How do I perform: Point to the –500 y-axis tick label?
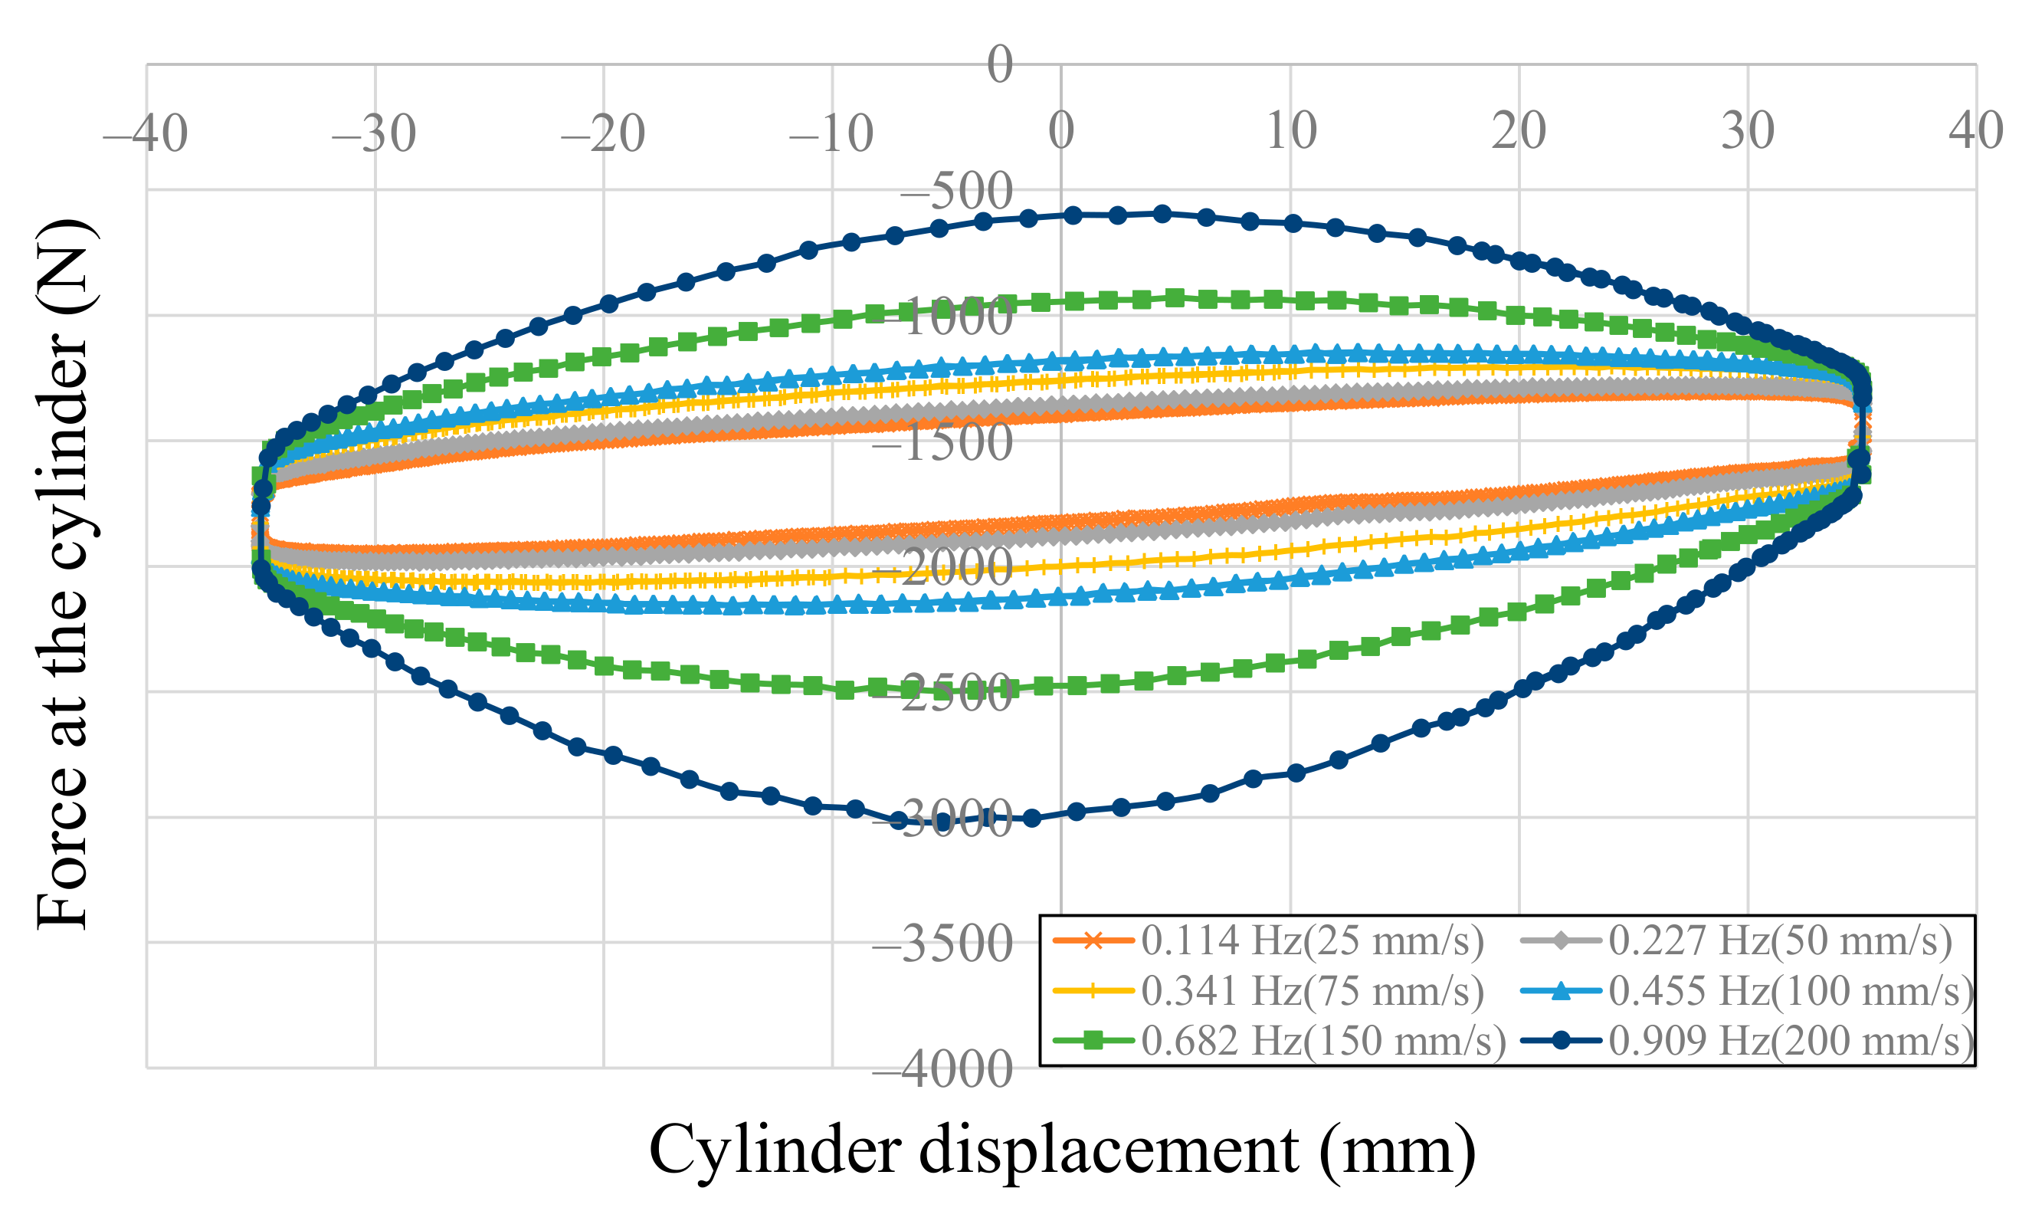pos(955,192)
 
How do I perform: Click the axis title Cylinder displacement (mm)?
pos(1062,1150)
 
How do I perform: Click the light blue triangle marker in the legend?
pos(1561,991)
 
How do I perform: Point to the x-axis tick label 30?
pos(1747,130)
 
